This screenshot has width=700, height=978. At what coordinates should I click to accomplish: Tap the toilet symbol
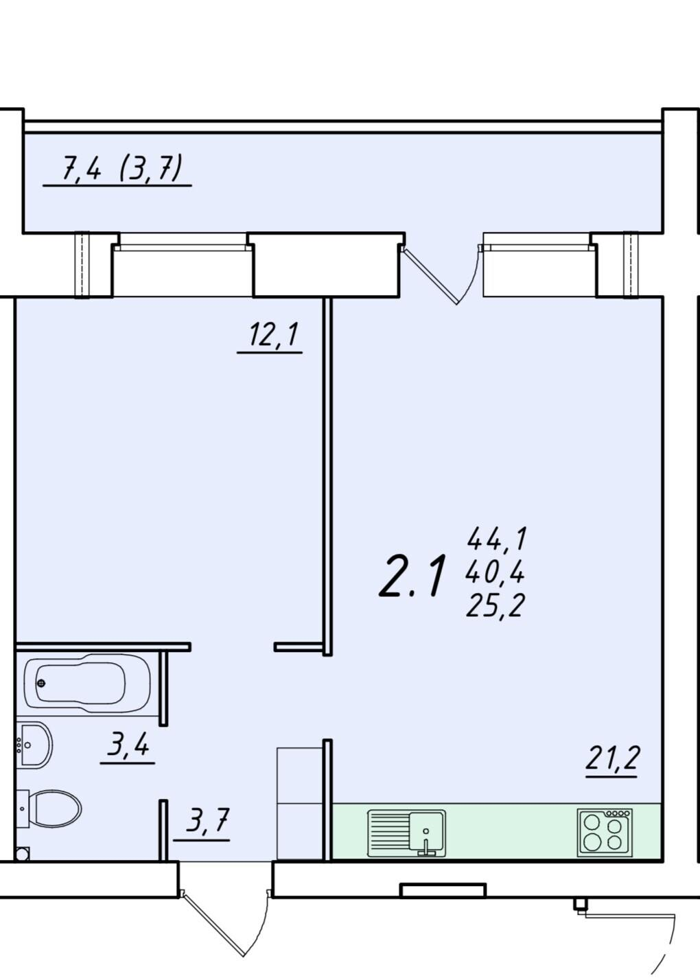point(49,808)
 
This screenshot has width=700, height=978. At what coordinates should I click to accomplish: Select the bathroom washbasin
point(34,745)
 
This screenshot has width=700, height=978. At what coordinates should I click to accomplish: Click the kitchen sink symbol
point(406,833)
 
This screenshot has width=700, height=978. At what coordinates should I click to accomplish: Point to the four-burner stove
point(605,832)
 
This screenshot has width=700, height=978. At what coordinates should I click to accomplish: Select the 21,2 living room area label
point(612,758)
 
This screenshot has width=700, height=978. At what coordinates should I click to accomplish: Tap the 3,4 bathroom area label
point(128,745)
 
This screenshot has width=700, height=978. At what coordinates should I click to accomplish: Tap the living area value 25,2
point(495,605)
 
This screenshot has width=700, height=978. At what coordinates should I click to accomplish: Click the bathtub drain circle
point(41,683)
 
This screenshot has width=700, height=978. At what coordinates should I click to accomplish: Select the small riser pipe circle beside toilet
point(22,854)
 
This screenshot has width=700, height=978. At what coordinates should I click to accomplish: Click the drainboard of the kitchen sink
point(388,833)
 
